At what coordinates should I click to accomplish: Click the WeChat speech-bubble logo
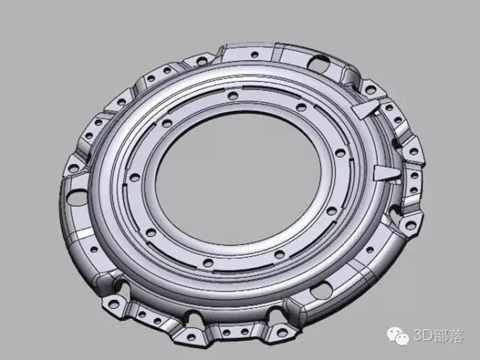(398, 336)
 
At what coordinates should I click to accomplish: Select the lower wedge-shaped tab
(387, 174)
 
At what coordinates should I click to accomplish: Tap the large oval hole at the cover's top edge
(318, 63)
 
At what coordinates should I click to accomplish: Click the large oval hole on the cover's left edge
(75, 198)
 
